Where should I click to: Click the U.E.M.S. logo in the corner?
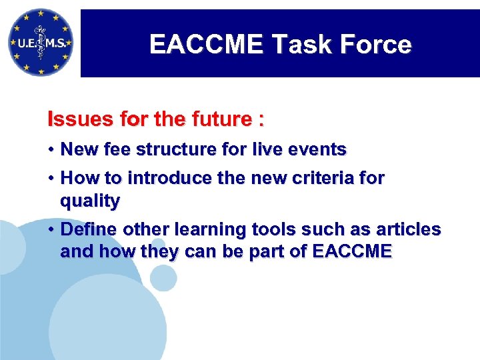pos(41,42)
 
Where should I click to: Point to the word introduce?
pos(170,179)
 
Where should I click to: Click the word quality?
pos(90,201)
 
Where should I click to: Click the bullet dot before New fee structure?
pos(51,149)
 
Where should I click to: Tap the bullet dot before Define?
pos(51,229)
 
